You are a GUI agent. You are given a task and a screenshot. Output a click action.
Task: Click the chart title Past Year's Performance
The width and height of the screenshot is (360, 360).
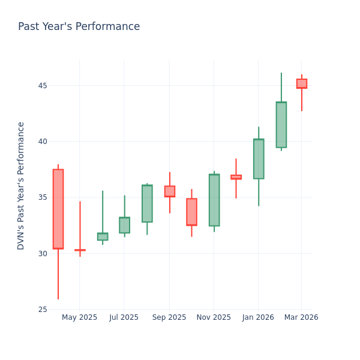point(79,27)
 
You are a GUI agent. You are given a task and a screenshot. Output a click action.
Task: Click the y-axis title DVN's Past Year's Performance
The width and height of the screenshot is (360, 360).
point(21,185)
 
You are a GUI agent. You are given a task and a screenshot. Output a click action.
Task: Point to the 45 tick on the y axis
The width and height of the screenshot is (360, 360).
point(43,85)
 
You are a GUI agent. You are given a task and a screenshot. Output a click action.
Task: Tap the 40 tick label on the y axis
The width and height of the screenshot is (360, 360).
point(43,142)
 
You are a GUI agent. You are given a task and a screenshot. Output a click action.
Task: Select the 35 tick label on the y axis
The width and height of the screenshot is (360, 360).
point(43,197)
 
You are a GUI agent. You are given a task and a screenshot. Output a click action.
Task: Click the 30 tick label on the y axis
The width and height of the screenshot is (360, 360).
point(43,253)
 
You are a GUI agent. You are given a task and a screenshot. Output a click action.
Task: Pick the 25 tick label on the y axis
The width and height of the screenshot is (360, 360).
point(43,310)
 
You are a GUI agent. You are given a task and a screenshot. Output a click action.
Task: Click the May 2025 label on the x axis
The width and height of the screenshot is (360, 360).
point(79,317)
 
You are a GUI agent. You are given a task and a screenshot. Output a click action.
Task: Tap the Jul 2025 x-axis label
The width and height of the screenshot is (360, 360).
point(124,317)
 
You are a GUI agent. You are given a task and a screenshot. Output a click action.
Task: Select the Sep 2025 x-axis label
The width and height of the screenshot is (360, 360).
point(169,317)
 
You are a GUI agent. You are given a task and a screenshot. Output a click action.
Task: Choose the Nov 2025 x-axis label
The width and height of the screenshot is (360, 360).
point(214,317)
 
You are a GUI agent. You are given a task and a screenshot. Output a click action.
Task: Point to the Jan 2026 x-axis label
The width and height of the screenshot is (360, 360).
point(258,317)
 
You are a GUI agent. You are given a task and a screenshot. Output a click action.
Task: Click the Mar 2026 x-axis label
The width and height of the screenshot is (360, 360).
point(301,317)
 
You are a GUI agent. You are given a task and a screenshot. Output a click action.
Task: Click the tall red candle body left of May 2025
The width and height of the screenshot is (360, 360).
point(58,209)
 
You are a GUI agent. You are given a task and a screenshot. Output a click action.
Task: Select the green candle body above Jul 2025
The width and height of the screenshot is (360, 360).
point(124,225)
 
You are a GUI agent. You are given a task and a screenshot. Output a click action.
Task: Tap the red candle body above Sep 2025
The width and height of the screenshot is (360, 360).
point(170,191)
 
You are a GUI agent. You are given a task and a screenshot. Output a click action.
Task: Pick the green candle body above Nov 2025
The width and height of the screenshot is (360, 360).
point(214,200)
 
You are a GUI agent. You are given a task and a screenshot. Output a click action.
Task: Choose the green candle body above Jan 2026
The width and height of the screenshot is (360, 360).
point(259,159)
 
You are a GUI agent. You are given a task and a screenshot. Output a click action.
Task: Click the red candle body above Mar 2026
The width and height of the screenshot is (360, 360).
point(302,83)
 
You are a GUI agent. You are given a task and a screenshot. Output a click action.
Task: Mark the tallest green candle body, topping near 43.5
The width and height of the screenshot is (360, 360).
point(281,125)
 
